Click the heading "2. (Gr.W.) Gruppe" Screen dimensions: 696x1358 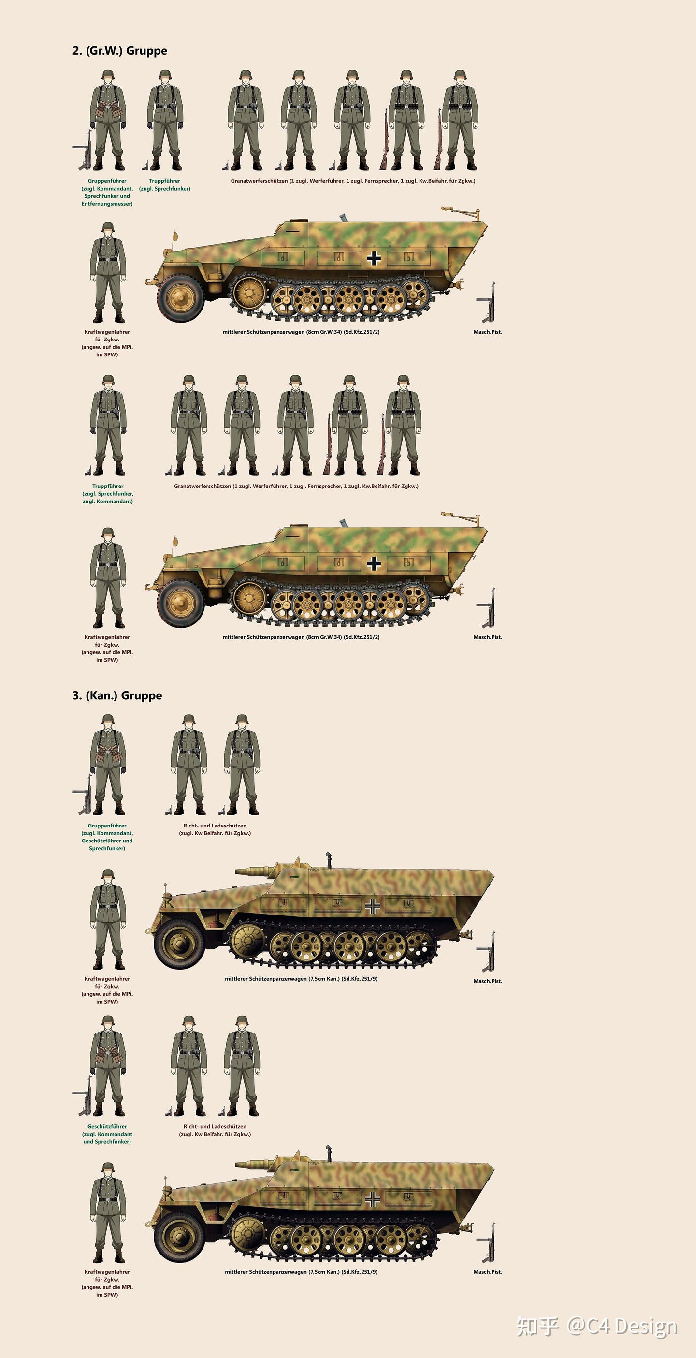(119, 51)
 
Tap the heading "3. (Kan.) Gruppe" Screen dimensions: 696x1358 (117, 695)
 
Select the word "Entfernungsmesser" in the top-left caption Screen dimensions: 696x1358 (107, 204)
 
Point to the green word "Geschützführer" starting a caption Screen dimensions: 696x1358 (107, 1126)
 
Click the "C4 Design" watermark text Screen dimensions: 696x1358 (622, 1327)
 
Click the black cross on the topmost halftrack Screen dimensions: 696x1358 (374, 258)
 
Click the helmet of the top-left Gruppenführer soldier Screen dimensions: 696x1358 (107, 74)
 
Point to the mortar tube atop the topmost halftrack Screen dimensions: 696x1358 (341, 217)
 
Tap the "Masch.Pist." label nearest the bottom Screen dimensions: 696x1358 (487, 1272)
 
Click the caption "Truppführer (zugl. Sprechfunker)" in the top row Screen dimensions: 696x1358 (164, 185)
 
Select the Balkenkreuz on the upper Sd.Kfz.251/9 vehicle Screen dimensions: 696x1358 (373, 906)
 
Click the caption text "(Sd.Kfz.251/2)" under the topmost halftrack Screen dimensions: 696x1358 (362, 332)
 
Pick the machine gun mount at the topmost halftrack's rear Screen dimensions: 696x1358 (462, 213)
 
